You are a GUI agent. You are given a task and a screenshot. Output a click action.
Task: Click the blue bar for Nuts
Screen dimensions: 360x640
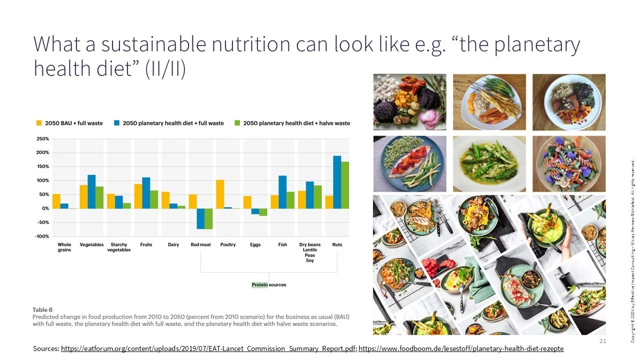pos(337,182)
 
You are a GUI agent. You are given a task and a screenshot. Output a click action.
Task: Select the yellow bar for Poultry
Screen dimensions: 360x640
pos(219,194)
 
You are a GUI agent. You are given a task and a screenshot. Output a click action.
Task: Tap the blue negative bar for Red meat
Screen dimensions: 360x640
pos(200,218)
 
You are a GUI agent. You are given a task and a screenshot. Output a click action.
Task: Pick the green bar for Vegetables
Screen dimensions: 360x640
pos(99,197)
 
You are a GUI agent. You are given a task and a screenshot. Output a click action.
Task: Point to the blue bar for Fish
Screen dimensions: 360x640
pos(282,192)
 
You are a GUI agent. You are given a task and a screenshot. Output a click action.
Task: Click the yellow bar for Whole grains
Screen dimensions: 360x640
pos(56,201)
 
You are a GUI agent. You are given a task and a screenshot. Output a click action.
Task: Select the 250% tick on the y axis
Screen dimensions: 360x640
pos(42,139)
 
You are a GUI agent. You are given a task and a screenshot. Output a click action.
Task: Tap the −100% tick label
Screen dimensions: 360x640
pos(41,236)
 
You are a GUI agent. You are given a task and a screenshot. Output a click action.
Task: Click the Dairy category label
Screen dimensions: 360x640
pos(173,245)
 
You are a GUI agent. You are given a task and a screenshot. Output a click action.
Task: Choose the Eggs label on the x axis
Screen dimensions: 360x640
pos(255,245)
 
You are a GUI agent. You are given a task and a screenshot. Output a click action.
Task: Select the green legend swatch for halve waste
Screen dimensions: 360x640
pos(238,123)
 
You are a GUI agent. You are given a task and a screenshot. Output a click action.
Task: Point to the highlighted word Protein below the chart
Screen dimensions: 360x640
pos(259,285)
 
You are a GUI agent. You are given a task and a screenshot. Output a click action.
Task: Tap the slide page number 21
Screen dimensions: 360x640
pos(602,341)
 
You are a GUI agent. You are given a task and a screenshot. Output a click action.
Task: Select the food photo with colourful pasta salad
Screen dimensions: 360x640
pos(568,164)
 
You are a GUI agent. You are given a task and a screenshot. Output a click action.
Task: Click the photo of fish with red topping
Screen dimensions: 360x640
pos(409,164)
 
